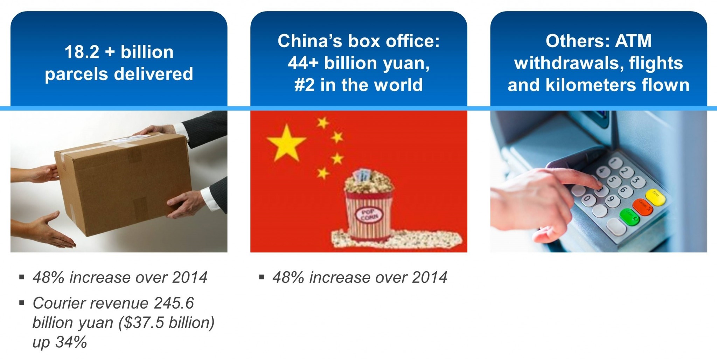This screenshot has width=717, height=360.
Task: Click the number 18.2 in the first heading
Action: (x=82, y=52)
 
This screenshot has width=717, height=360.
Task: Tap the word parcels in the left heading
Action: (x=77, y=74)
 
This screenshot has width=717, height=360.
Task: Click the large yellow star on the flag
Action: (x=286, y=143)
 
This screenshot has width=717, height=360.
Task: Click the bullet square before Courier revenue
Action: (x=22, y=303)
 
